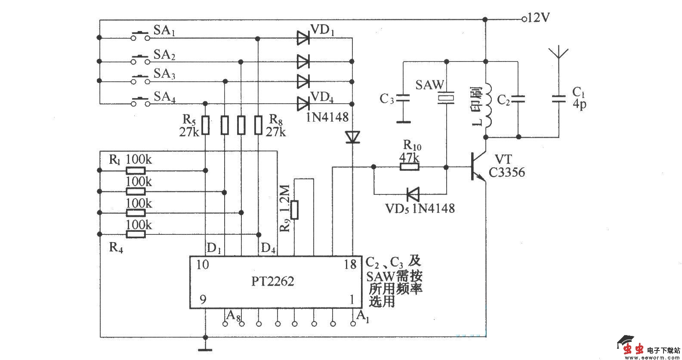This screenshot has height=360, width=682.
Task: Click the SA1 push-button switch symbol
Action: (141, 36)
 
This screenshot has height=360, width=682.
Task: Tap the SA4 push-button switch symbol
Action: (141, 102)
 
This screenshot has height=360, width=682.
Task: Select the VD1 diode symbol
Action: (303, 38)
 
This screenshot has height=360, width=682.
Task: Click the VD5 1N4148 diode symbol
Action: (413, 194)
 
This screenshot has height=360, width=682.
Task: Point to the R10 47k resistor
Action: (409, 166)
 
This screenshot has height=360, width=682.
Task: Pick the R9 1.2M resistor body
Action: (295, 209)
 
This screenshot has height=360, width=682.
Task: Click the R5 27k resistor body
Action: (206, 125)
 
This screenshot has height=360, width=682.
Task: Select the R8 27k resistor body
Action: (258, 125)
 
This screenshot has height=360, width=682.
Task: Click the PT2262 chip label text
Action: (273, 282)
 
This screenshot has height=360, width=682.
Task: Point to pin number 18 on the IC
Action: (351, 265)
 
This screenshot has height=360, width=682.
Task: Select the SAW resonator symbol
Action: (446, 98)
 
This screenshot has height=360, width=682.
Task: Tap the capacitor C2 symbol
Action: (518, 99)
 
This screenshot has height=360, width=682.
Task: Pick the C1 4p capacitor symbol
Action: (559, 99)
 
